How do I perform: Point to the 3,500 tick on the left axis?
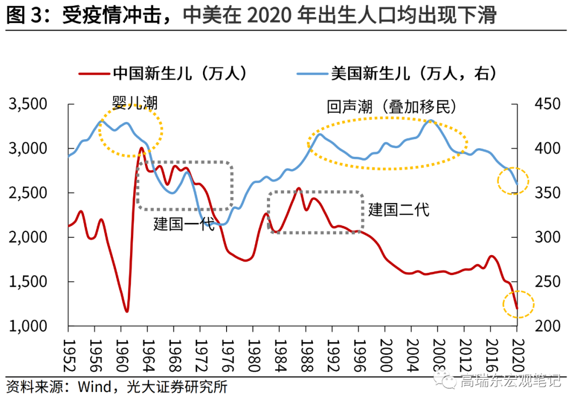pos(32,104)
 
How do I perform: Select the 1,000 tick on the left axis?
pos(32,326)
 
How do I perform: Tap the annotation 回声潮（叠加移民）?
pos(392,106)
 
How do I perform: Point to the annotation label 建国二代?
pos(399,209)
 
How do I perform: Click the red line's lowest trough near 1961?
pos(127,311)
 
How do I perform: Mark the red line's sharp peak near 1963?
pos(141,148)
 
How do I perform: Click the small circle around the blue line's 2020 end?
pos(513,181)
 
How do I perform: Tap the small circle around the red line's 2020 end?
pos(518,305)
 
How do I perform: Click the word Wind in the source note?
pos(94,386)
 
